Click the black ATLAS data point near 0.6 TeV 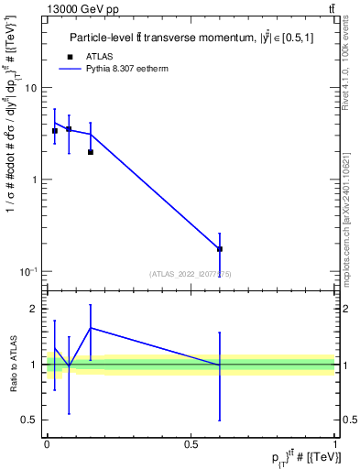pos(220,249)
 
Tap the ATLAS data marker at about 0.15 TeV pos(90,152)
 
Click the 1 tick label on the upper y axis pos(34,180)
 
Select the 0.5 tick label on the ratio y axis pos(29,420)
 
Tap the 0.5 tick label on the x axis pos(191,443)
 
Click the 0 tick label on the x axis pos(47,443)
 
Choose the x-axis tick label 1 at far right pos(334,443)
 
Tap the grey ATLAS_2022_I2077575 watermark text pos(191,273)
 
